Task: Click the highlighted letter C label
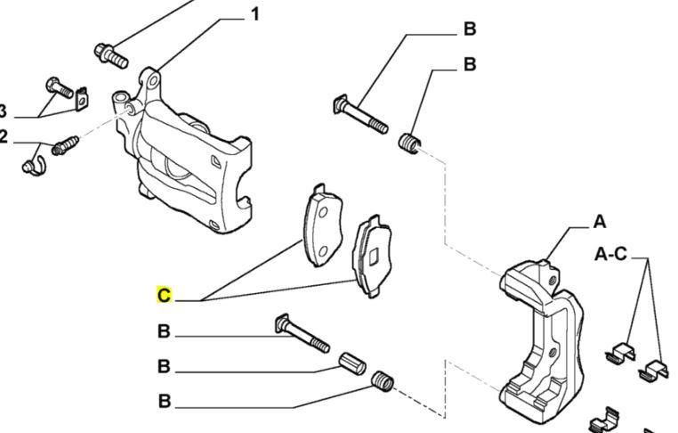164,296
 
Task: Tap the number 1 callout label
254,15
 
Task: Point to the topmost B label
469,29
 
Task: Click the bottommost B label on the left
164,402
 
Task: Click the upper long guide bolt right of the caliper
361,115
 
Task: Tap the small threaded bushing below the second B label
409,142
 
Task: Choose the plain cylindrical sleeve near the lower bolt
353,364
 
